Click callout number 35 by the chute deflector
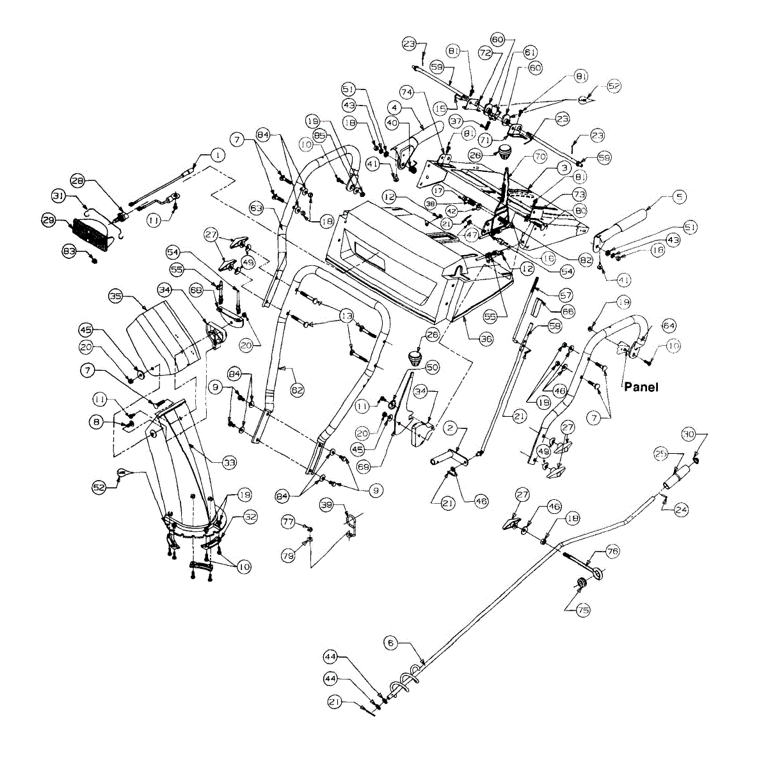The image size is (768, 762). (x=116, y=296)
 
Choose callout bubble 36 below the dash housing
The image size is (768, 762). (x=487, y=339)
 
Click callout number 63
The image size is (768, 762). (x=256, y=208)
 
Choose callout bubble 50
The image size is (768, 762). (x=433, y=367)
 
